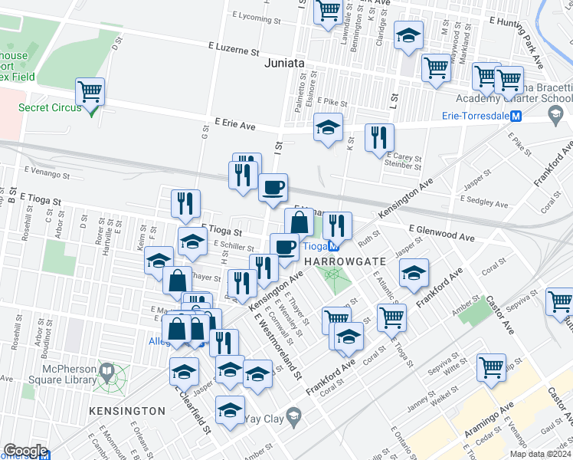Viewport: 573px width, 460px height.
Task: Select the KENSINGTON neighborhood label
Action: (126, 411)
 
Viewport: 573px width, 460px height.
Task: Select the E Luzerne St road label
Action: (233, 50)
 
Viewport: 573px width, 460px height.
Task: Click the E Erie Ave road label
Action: (234, 122)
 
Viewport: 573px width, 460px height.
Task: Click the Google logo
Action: (25, 450)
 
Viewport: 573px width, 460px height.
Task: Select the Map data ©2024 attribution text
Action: (540, 454)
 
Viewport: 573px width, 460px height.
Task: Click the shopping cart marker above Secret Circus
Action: (90, 93)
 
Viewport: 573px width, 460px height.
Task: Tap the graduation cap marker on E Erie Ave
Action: (328, 127)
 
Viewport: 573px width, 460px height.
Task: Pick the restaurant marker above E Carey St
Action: (379, 138)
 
